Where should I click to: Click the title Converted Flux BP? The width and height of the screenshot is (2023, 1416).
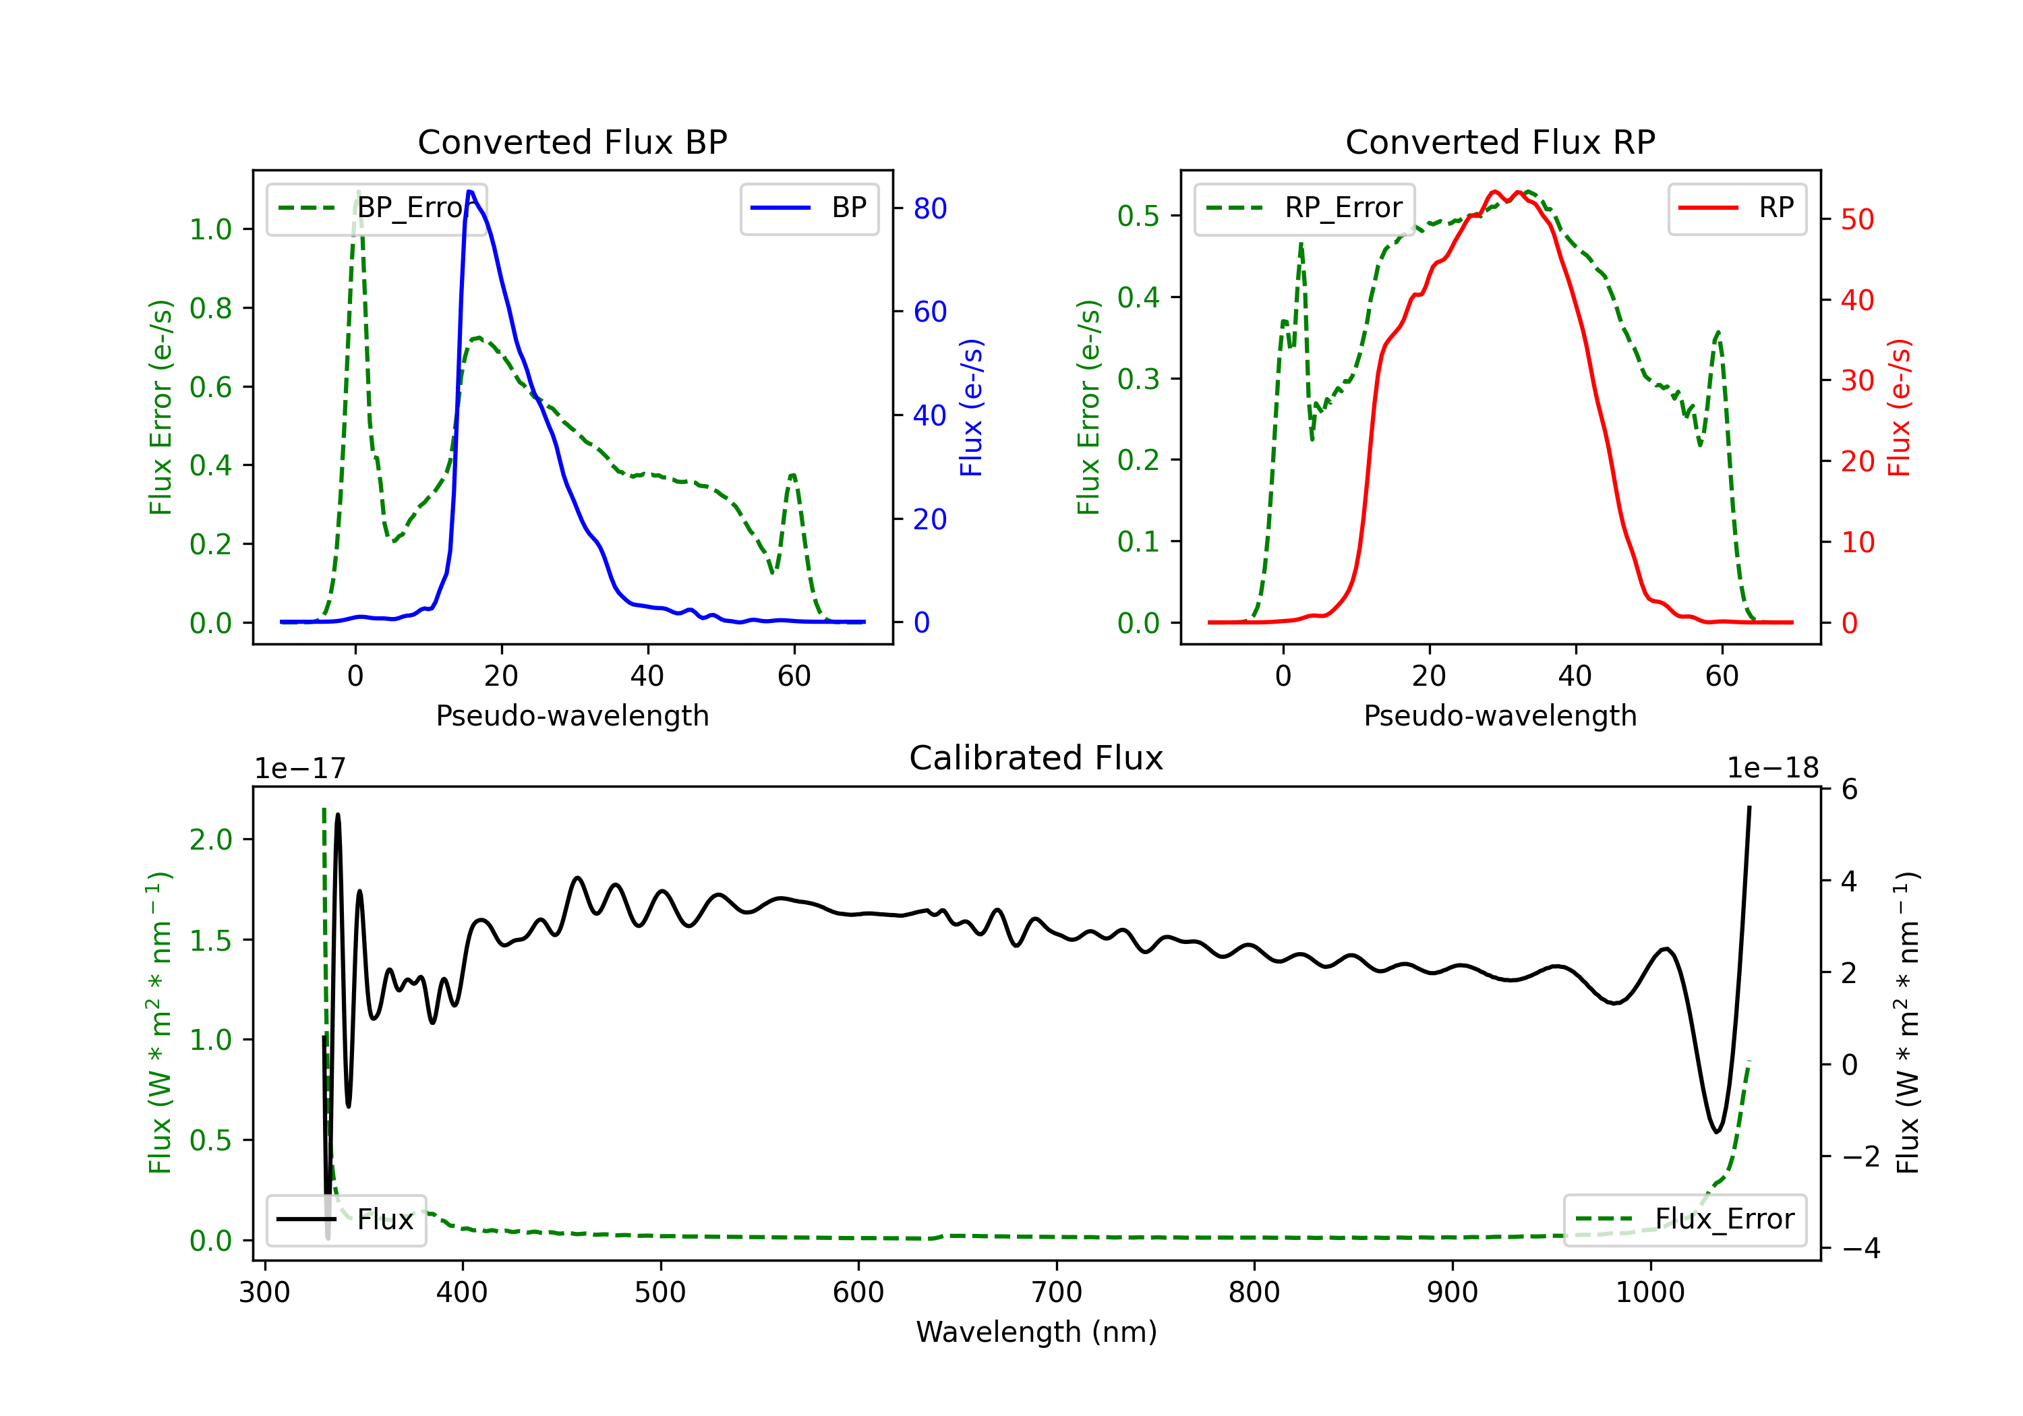point(573,142)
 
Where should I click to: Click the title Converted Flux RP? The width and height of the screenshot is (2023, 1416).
point(1500,142)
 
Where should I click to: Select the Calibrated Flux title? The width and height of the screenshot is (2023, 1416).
point(1036,758)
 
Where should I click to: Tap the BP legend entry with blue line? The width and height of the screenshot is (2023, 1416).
point(809,208)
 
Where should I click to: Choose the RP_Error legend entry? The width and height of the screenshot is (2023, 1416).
point(1304,208)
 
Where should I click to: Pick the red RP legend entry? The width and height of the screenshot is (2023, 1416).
point(1736,208)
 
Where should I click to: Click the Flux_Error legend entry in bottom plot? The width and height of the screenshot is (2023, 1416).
point(1684,1220)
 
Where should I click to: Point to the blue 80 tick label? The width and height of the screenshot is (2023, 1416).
point(931,209)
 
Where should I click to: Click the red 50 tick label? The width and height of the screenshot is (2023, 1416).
point(1857,219)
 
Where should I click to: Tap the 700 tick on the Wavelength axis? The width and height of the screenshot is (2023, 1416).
point(1057,1293)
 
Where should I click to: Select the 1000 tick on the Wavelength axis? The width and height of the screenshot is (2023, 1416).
point(1650,1293)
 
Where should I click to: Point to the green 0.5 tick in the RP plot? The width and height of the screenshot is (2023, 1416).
point(1138,216)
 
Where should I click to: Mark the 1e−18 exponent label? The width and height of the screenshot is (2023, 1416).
point(1773,769)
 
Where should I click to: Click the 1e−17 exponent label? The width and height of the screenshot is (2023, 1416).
point(299,769)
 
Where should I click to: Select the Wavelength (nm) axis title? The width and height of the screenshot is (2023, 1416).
point(1036,1332)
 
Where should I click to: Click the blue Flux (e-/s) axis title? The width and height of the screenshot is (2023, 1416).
point(971,408)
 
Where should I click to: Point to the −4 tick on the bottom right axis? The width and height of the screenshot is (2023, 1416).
point(1859,1249)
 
